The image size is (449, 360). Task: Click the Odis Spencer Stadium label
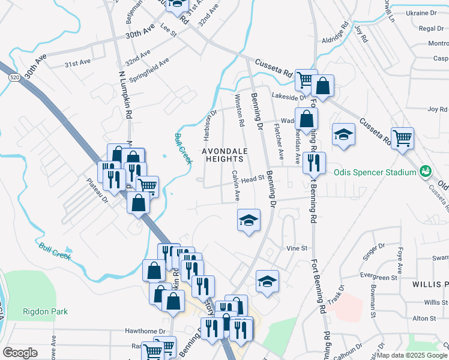pos(375,173)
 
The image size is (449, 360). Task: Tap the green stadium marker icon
pos(426,172)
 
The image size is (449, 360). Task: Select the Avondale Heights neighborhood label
pos(223,155)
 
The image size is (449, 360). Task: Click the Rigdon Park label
pos(45,311)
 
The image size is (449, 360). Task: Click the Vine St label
pos(297,248)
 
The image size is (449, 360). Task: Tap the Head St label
pos(253,178)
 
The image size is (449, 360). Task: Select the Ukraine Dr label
pos(421,13)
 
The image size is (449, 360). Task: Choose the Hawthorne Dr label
pos(145,331)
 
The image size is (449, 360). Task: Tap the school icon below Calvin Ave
pos(249,220)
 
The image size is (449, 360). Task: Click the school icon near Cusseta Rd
pos(343,135)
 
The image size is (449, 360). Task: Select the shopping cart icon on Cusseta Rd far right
pos(402,138)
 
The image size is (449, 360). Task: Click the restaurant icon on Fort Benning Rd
pos(314,163)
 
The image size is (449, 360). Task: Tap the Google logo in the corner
pos(20,353)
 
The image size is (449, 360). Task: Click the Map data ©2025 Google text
pos(412,356)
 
